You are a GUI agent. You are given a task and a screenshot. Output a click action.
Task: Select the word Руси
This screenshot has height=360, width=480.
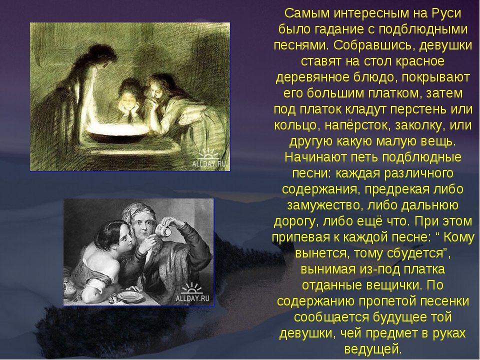coord(446,14)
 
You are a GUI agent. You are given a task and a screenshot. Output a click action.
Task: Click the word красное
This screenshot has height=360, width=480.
coord(420,61)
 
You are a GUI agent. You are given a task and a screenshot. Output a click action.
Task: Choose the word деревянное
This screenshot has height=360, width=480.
coord(312,77)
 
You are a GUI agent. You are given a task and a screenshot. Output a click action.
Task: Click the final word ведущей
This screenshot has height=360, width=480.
coord(372,349)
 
